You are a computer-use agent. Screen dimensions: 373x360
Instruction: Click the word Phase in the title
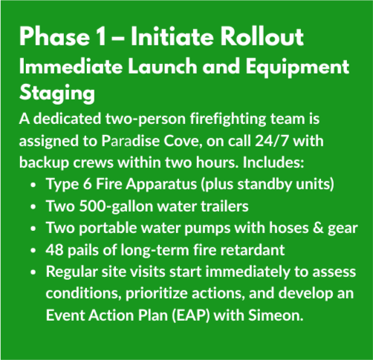[x=54, y=36]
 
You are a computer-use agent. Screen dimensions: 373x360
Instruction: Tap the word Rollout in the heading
[x=262, y=36]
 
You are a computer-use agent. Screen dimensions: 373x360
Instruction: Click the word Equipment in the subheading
[x=297, y=68]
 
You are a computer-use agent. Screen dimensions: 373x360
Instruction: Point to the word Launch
[x=163, y=66]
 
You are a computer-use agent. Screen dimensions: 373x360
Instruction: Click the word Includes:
[x=273, y=163]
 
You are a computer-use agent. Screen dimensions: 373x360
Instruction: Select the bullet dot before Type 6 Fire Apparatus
[x=33, y=185]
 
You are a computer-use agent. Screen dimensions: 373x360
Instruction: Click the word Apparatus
[x=161, y=185]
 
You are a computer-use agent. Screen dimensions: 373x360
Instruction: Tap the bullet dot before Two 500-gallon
[x=33, y=207]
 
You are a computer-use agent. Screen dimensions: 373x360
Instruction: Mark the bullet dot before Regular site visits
[x=33, y=272]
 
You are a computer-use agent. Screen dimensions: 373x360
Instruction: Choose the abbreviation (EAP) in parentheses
[x=191, y=315]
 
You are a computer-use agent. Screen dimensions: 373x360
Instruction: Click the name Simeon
[x=276, y=315]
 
